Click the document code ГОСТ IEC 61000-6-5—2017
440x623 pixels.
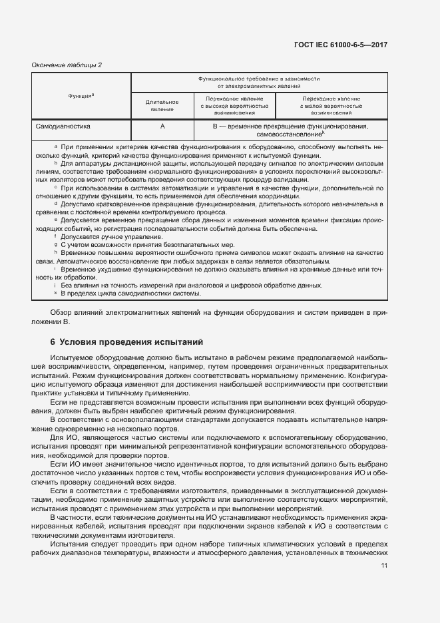(x=341, y=45)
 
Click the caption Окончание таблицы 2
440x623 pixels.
(x=67, y=65)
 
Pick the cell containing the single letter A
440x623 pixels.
(x=162, y=125)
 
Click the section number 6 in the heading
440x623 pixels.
(x=53, y=343)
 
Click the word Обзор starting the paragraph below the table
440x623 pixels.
(x=62, y=313)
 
